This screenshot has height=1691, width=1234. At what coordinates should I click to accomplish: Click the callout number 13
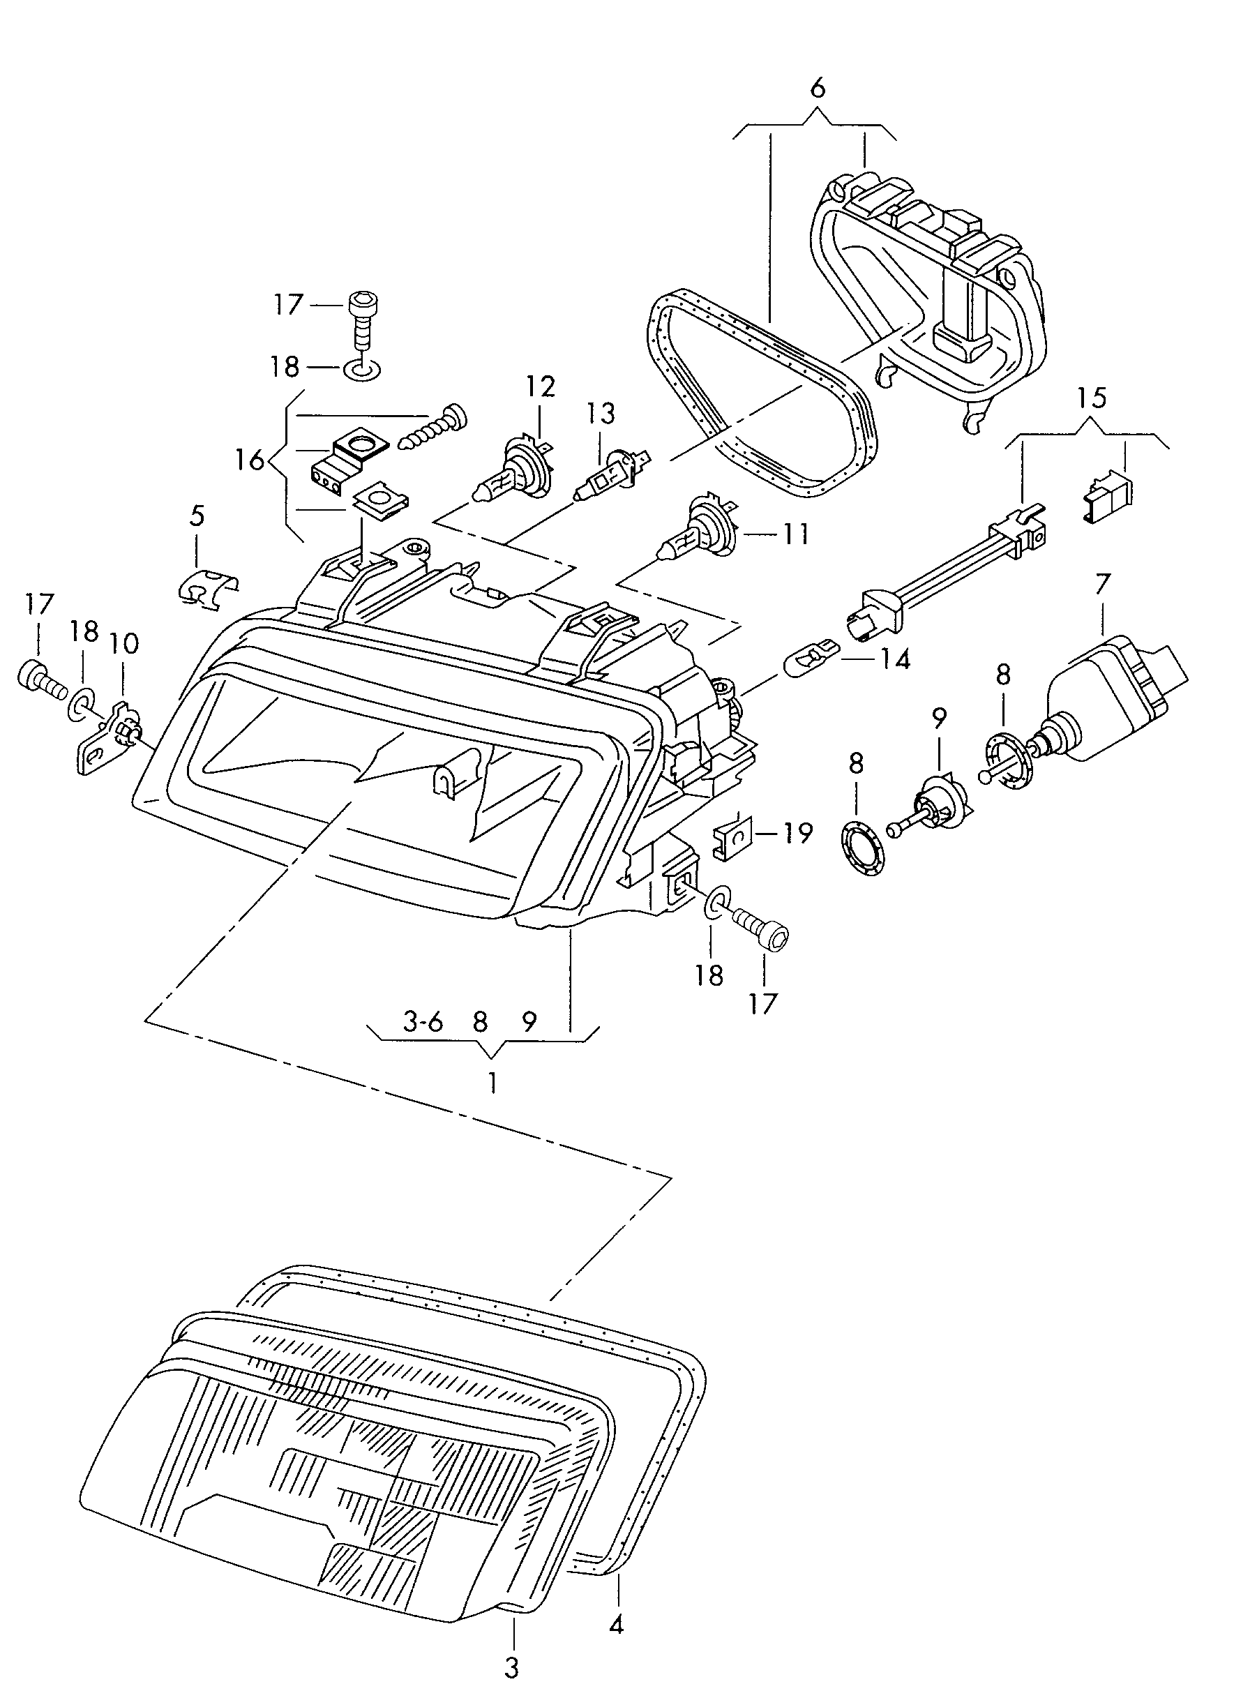600,413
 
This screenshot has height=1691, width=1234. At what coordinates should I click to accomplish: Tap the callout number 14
894,659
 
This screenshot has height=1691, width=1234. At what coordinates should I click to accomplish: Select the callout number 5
197,516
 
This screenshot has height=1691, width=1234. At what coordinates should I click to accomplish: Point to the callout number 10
124,643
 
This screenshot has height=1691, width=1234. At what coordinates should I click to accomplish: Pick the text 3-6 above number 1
423,1021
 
